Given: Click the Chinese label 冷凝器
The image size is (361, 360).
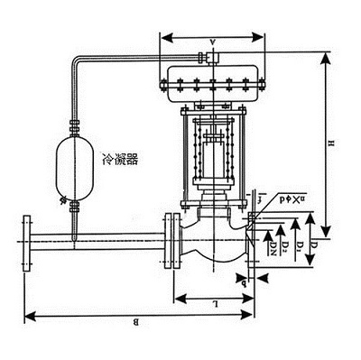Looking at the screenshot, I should pos(120,159).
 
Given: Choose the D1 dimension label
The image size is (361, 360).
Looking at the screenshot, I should pos(297,245).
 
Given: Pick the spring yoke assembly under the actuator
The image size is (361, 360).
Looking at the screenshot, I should pos(212,149).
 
